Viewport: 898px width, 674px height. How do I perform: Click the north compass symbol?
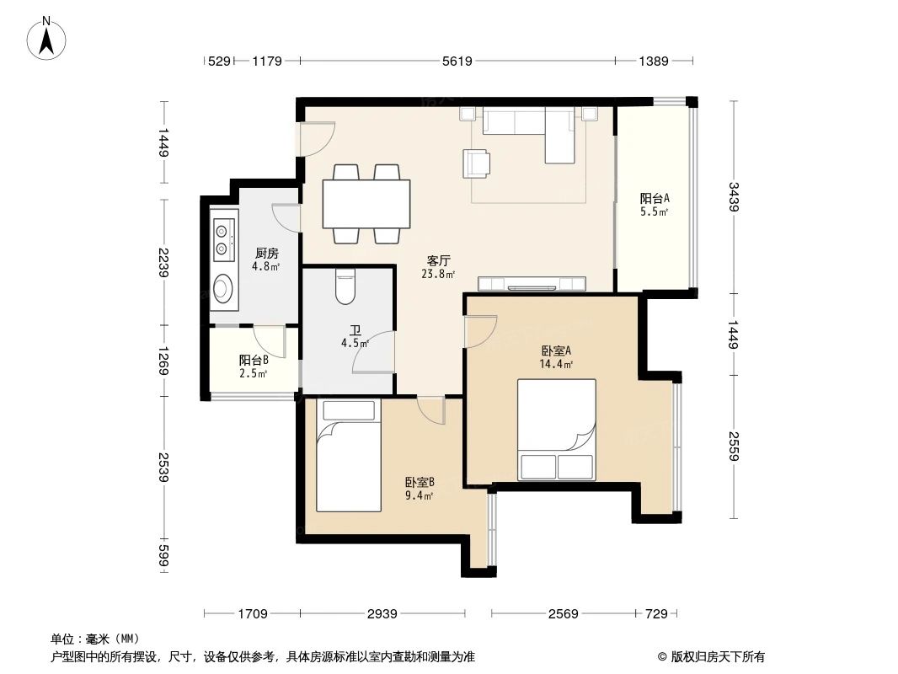pos(49,38)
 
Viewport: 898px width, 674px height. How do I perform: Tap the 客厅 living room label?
pos(438,260)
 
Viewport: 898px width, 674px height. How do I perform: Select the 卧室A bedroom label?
pos(556,351)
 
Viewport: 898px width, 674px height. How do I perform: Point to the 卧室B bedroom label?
pos(419,483)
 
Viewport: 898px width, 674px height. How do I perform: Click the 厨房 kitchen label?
pos(266,253)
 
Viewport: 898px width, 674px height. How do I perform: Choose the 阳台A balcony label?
pos(654,199)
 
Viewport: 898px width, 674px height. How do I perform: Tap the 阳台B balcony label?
pos(254,361)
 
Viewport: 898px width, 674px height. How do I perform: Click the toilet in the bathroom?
pos(346,286)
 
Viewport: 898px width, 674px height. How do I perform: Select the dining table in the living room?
pos(365,204)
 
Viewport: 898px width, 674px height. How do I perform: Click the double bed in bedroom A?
pos(556,429)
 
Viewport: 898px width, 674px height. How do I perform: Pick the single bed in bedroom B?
pos(348,456)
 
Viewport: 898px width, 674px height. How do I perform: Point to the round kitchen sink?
pos(223,289)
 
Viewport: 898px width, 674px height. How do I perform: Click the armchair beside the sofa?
pos(476,163)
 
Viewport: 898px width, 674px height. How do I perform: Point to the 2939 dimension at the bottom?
pos(382,614)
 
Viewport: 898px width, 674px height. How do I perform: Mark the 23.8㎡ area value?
pos(438,274)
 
